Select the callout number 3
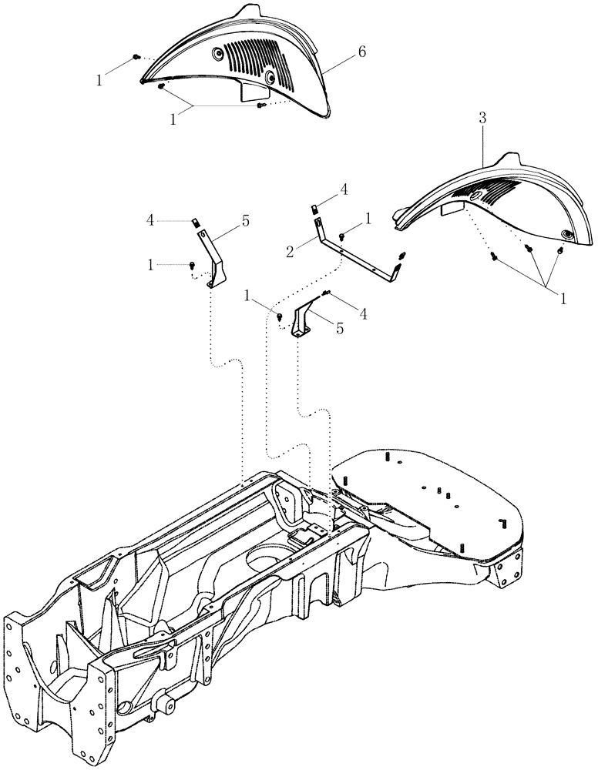[482, 119]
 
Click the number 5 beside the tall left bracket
[245, 221]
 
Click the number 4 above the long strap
[344, 189]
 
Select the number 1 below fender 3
[563, 298]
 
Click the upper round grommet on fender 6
[218, 54]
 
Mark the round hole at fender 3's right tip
[568, 234]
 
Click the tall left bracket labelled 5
[211, 258]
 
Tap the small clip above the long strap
[314, 208]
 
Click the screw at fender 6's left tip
[136, 57]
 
